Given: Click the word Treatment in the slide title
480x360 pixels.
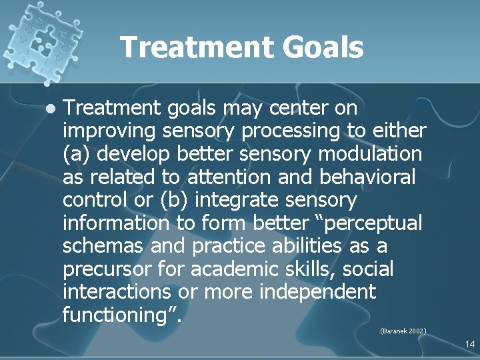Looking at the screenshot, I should click(196, 48).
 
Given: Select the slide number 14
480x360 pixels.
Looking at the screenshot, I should click(469, 344).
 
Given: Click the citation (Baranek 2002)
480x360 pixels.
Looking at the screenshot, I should click(403, 331).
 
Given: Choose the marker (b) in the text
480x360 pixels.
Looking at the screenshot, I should click(177, 200).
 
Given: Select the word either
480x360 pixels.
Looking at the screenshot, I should click(399, 131).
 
